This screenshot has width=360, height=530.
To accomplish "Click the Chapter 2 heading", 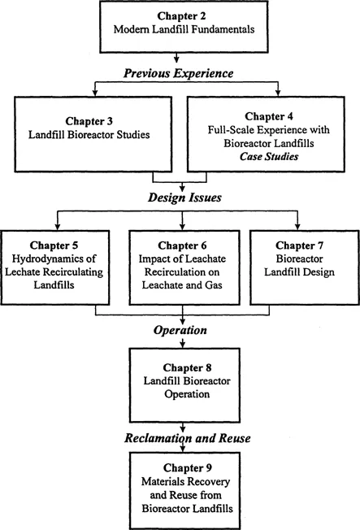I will (x=178, y=16).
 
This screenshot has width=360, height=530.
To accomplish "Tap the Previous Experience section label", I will (x=178, y=74).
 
